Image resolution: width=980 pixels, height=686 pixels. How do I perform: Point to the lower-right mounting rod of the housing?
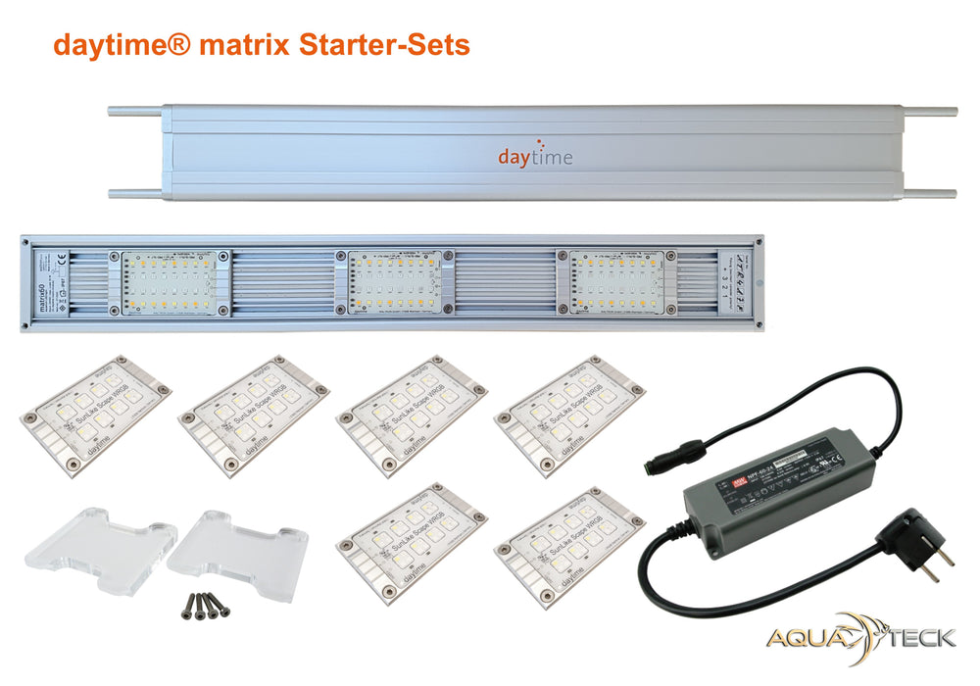click(x=926, y=193)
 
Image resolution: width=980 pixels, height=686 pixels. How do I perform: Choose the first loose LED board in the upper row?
click(x=94, y=403)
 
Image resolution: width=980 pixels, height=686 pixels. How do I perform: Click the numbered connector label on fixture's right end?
click(x=739, y=282)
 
